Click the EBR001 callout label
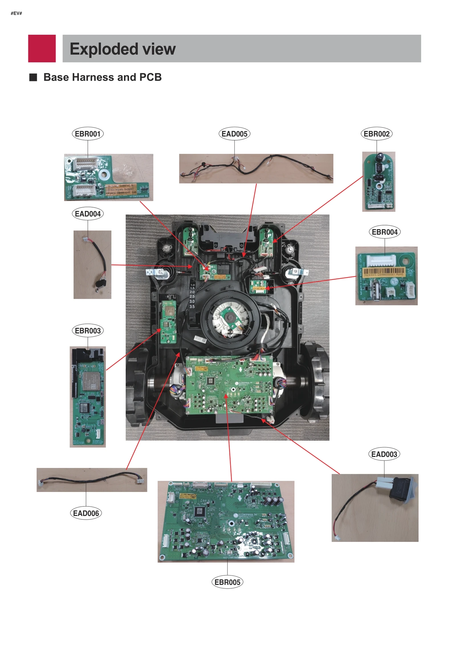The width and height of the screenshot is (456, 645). (87, 134)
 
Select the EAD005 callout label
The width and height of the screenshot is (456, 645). (234, 134)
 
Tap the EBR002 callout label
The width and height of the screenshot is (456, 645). (376, 134)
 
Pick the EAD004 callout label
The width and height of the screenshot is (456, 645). (87, 214)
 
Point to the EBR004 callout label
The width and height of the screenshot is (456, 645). (384, 232)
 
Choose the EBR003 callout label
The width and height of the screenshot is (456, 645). (87, 331)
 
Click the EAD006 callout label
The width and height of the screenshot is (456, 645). (86, 513)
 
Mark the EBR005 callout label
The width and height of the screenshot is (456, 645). (227, 582)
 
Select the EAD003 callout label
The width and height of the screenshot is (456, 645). (384, 454)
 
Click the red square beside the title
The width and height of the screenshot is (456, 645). (42, 48)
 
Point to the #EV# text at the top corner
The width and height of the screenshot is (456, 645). (16, 13)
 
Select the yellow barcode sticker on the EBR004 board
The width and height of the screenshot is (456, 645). (384, 272)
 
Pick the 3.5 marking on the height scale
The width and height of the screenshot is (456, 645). (192, 307)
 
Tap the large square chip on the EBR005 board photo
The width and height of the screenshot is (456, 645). (199, 512)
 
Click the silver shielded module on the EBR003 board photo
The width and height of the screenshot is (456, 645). (91, 381)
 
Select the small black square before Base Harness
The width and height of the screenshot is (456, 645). (33, 77)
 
